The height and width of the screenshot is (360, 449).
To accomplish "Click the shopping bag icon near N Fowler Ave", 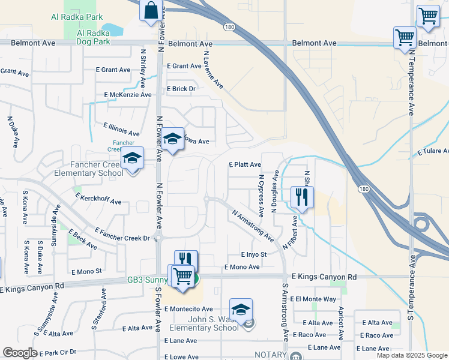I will coord(150,11).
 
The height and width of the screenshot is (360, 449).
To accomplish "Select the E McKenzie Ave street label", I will coord(128,95).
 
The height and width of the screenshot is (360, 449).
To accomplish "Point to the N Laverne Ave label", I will coord(213,70).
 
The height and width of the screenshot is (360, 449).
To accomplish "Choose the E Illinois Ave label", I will coord(121,130).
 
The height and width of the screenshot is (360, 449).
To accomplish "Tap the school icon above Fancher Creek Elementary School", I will coord(132,159).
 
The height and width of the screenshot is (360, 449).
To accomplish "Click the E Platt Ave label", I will coord(245,164).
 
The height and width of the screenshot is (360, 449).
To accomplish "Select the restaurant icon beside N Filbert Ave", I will coord(301,196).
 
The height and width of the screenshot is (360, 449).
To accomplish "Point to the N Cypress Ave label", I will coord(261,196).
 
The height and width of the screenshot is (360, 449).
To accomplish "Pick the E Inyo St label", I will coord(253,255).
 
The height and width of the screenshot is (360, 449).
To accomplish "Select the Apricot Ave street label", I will coord(340,323).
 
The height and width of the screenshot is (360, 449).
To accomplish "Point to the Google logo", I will coord(20,353).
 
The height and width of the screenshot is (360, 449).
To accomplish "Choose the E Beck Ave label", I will coord(83,239).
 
